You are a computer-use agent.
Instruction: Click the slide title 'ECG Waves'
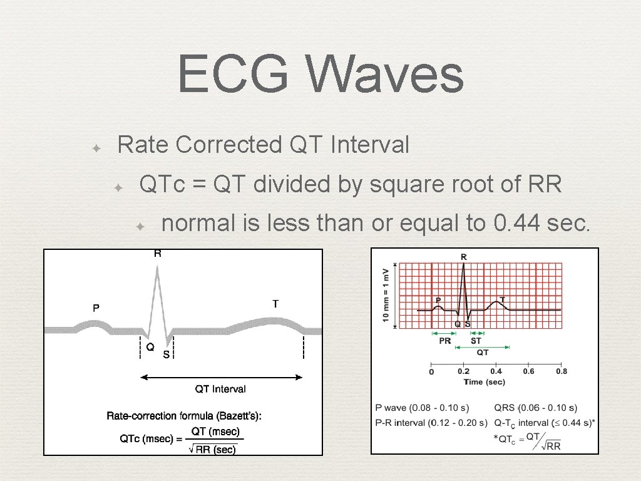click(x=320, y=75)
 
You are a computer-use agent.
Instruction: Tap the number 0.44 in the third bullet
click(x=521, y=222)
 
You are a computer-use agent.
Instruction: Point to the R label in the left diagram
click(x=158, y=254)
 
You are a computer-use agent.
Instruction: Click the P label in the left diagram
click(x=96, y=308)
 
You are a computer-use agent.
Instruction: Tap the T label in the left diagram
click(x=275, y=304)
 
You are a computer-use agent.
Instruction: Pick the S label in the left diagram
click(x=166, y=354)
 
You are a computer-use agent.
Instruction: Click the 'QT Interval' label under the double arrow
click(x=220, y=389)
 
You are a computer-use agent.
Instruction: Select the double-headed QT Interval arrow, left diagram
click(x=220, y=377)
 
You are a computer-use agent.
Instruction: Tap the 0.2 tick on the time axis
click(x=463, y=371)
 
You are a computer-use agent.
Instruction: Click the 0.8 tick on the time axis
click(x=562, y=371)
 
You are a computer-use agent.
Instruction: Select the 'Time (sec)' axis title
click(x=484, y=382)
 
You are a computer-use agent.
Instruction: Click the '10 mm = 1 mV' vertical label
click(x=386, y=296)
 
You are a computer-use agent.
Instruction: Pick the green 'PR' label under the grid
click(x=444, y=341)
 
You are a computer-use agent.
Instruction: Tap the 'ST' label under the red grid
click(x=476, y=341)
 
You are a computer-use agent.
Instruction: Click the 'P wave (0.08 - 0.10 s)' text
click(x=422, y=408)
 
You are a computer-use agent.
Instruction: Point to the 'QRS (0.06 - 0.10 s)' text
click(x=535, y=408)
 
